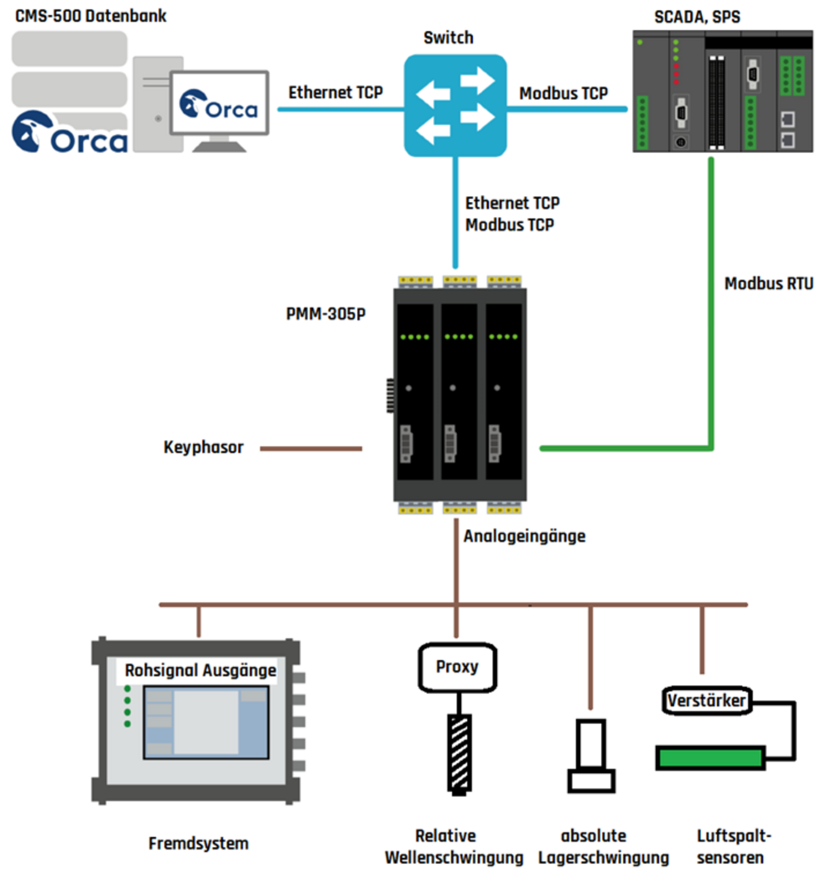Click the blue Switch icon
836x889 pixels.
click(455, 105)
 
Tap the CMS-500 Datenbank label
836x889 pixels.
click(91, 16)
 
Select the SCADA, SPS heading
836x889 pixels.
click(697, 17)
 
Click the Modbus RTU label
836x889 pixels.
click(768, 283)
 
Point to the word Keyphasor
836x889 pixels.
click(203, 447)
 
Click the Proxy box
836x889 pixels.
click(457, 667)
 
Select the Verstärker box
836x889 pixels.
click(706, 701)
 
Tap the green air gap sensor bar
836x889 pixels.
click(710, 758)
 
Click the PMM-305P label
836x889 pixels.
click(326, 314)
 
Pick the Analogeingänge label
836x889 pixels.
click(524, 536)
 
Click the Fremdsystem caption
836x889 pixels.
click(198, 843)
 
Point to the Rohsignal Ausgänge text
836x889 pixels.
click(200, 670)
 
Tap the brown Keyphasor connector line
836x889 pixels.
click(310, 448)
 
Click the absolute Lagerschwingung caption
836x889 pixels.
click(603, 846)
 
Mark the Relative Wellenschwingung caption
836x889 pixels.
click(454, 846)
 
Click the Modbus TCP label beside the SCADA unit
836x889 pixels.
click(563, 94)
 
